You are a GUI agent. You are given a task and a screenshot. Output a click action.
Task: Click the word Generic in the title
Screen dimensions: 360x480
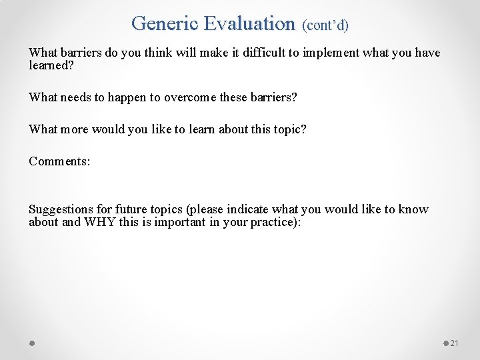click(165, 23)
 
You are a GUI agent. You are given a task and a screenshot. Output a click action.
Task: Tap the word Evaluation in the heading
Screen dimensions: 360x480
click(249, 23)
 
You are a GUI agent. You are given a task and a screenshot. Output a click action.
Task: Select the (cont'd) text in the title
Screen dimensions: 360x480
click(325, 25)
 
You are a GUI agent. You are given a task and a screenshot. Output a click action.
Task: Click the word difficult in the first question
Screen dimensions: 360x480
click(255, 53)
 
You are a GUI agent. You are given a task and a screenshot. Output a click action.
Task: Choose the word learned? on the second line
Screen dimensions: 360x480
click(51, 65)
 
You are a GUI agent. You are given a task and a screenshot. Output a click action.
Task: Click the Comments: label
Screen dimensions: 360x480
click(59, 161)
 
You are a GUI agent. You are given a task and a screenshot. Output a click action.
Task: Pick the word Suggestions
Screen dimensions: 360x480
click(60, 209)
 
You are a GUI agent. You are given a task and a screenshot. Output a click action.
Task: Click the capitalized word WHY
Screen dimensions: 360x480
click(99, 222)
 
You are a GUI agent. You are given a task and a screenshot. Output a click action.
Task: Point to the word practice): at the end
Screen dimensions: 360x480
click(275, 222)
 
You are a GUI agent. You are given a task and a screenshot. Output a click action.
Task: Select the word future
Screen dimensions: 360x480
click(136, 209)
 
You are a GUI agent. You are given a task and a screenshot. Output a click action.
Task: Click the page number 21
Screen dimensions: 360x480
click(455, 343)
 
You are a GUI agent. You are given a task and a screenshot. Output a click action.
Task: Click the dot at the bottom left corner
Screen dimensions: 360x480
click(32, 343)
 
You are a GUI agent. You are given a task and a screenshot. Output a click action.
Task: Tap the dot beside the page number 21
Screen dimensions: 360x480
click(446, 343)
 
